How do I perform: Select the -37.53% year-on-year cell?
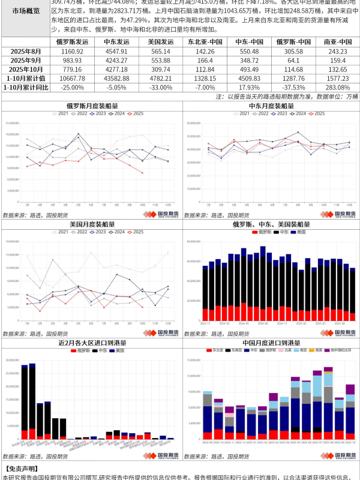pos(293,88)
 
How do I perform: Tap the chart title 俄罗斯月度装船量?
pos(92,106)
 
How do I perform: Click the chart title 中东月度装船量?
pos(271,106)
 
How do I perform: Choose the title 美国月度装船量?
pos(92,224)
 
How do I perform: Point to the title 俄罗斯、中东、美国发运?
pos(271,224)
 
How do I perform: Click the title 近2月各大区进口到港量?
pos(92,342)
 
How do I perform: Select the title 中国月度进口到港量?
pos(271,342)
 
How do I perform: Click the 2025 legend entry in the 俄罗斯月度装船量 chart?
pos(135,113)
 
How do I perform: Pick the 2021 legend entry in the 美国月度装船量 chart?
pos(60,231)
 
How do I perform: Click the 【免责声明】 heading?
pos(20,469)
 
